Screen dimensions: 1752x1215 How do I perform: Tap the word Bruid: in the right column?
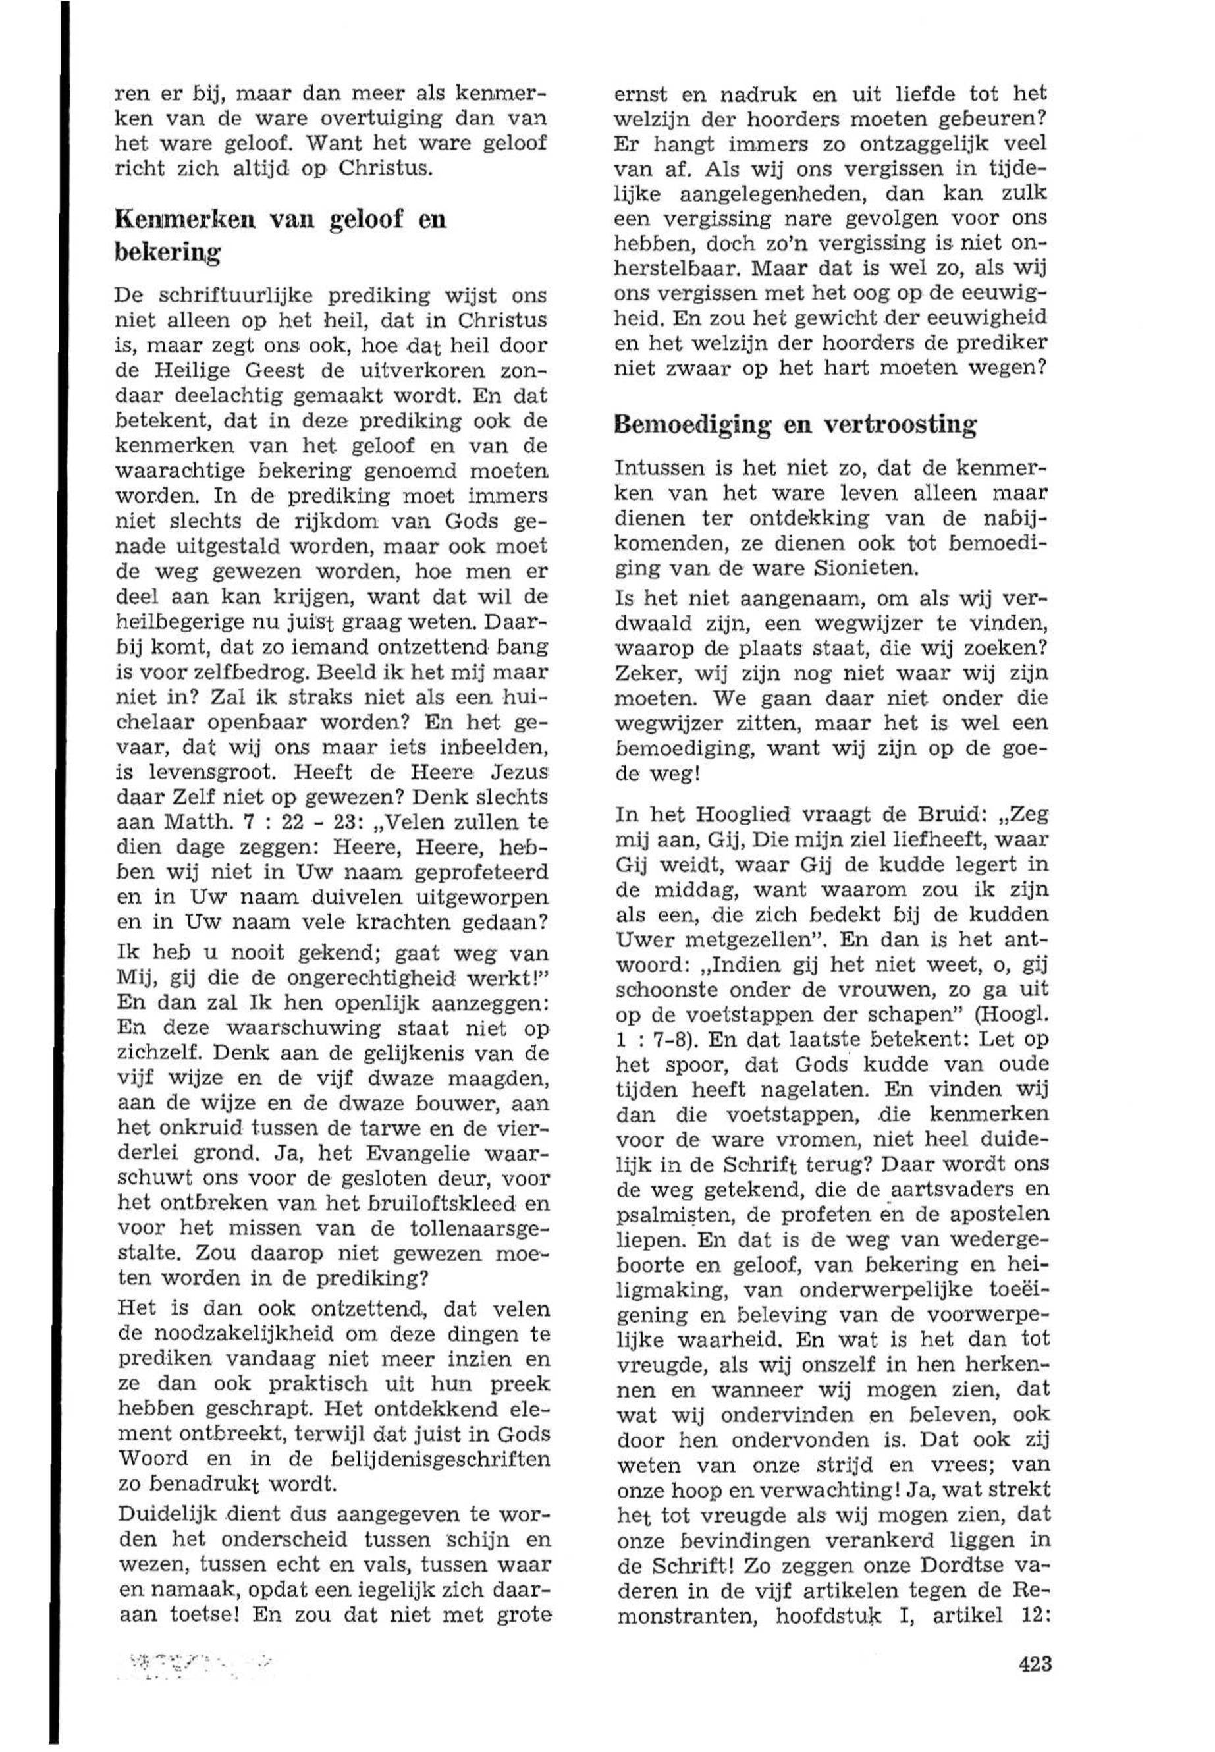click(950, 815)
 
